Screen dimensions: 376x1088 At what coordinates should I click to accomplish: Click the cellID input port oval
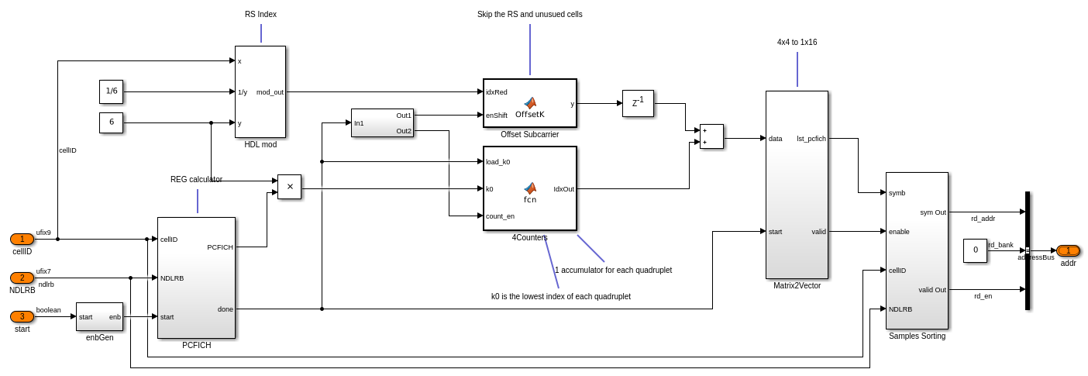[22, 239]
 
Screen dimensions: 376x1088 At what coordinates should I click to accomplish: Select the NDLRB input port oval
[22, 278]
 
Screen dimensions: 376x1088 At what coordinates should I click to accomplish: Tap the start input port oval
[22, 316]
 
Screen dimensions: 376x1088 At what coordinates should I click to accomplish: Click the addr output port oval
[1068, 250]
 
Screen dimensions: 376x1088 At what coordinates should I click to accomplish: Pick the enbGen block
[99, 316]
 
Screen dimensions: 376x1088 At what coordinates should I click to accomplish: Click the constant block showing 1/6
[111, 91]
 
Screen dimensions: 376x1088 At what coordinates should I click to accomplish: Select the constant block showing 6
[111, 122]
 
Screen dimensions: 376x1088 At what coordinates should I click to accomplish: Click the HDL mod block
[260, 91]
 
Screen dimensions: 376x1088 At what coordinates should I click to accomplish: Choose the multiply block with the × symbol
[289, 187]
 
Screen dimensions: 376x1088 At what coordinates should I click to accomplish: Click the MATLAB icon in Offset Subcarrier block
[530, 103]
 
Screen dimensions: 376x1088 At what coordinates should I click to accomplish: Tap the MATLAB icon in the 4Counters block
[530, 188]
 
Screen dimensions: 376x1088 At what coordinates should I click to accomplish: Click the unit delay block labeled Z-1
[638, 103]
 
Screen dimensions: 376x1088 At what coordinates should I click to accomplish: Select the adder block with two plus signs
[711, 136]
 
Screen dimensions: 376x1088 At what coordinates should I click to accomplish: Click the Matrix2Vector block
[797, 185]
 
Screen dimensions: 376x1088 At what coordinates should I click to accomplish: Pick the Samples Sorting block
[917, 250]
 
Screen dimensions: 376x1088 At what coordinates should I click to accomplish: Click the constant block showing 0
[975, 250]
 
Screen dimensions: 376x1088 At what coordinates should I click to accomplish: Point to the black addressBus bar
[1028, 250]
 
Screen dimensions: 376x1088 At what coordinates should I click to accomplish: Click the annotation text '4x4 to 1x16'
[797, 42]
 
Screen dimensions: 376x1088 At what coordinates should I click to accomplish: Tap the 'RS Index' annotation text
[260, 14]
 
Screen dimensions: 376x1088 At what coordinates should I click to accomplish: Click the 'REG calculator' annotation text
[196, 179]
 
